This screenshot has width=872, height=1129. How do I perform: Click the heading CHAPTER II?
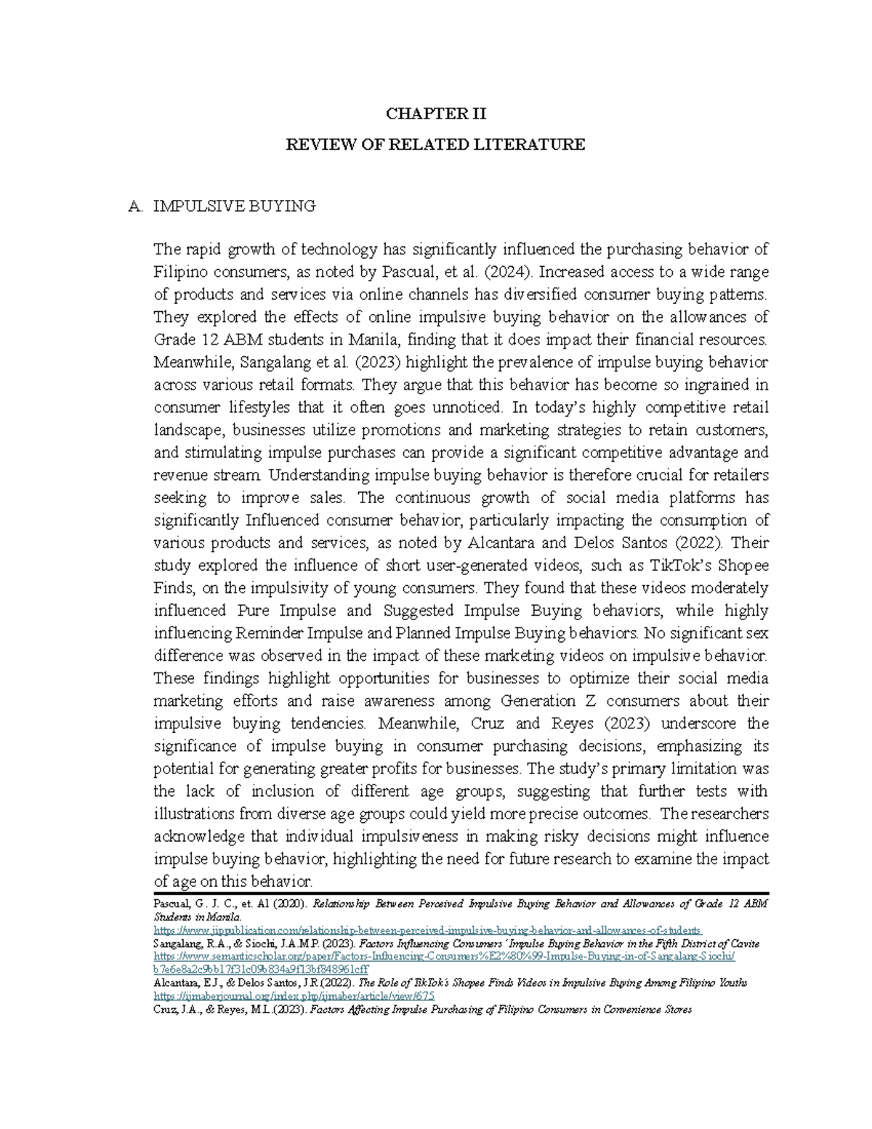435,113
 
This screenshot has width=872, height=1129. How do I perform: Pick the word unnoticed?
465,407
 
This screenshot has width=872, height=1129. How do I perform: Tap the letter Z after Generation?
591,701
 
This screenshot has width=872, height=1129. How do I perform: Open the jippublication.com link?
428,931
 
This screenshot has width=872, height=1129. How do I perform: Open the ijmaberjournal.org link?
294,996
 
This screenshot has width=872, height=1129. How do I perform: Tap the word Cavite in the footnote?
742,944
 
